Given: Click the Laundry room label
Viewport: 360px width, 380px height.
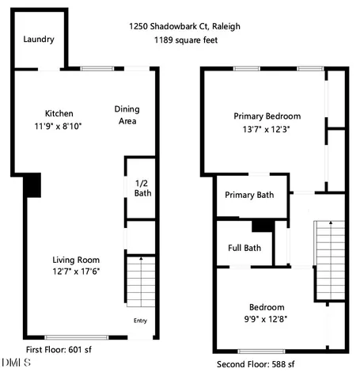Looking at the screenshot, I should coord(37,39).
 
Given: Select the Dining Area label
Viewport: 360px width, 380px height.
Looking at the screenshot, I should coord(127,115).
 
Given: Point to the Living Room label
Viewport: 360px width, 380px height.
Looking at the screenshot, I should coord(76,260).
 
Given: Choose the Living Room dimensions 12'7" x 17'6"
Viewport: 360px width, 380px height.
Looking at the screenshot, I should coord(76,272).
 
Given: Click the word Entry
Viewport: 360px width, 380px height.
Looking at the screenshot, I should coord(140,321).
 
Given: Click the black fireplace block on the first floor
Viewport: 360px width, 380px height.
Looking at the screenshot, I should coord(32,185).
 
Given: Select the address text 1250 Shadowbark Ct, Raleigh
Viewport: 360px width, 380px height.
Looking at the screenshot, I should coord(185,26).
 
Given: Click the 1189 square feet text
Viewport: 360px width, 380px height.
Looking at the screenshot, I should coord(185,40).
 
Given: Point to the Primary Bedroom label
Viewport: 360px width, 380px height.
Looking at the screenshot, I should coord(267,116).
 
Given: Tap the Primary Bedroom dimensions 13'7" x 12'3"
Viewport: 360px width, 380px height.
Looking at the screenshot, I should coord(267,129).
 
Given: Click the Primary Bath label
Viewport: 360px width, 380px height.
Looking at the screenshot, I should coord(249,196).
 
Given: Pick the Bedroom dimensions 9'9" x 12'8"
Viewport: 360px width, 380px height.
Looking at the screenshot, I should coord(267,319).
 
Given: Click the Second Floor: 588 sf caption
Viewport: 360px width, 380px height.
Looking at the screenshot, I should coord(255,364).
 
